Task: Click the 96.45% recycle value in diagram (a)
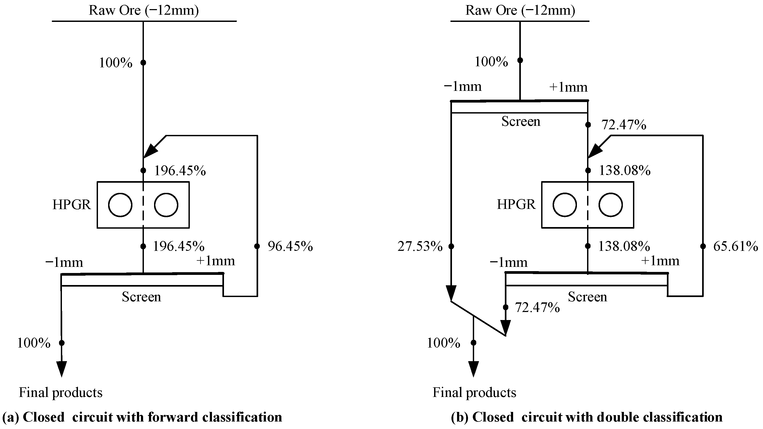pos(290,247)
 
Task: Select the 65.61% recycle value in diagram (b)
pos(735,247)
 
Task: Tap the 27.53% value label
pos(420,247)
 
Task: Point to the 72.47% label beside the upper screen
pos(623,125)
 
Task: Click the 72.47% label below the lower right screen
pos(537,307)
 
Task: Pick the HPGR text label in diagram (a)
pos(71,205)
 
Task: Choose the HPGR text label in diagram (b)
pos(516,205)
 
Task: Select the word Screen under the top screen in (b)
pos(520,122)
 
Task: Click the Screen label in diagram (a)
pos(141,297)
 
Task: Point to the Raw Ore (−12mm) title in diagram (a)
pos(144,11)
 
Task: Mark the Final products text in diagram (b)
pos(474,393)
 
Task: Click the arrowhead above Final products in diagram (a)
pos(62,369)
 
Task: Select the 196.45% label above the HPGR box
pos(180,171)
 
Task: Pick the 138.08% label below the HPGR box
pos(624,247)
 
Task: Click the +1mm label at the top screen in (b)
pos(568,87)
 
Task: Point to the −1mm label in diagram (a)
pos(64,263)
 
